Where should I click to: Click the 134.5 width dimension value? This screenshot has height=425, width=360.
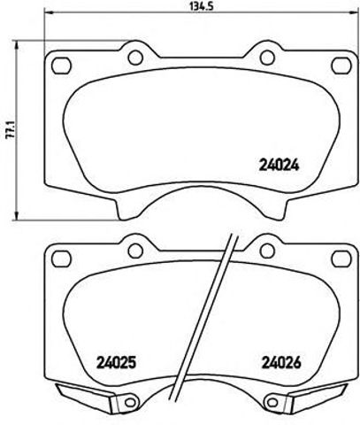(x=180, y=6)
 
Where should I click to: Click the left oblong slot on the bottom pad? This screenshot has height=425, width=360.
(x=62, y=259)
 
